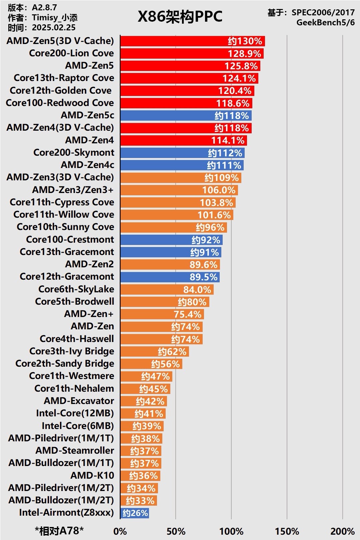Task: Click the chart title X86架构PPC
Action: pos(180,17)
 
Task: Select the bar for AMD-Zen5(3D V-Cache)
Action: pos(192,41)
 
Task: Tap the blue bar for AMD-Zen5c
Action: pos(186,116)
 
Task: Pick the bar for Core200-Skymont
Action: pos(182,153)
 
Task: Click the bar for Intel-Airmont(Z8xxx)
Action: pos(135,513)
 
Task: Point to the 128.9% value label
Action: pos(244,54)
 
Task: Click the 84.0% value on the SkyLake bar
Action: pos(197,290)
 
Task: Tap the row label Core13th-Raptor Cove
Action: pos(64,78)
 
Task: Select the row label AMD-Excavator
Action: pos(79,401)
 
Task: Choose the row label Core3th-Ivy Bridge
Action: pos(72,351)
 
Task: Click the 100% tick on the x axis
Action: pos(231,531)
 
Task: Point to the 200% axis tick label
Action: pos(342,531)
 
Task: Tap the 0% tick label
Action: pos(120,531)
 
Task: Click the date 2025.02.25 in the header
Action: pos(54,27)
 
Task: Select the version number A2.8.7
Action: pos(44,7)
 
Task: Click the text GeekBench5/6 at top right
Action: pos(325,23)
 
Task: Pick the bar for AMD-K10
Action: pos(140,476)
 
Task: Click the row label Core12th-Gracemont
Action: pos(67,277)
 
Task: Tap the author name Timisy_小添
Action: pos(55,17)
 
